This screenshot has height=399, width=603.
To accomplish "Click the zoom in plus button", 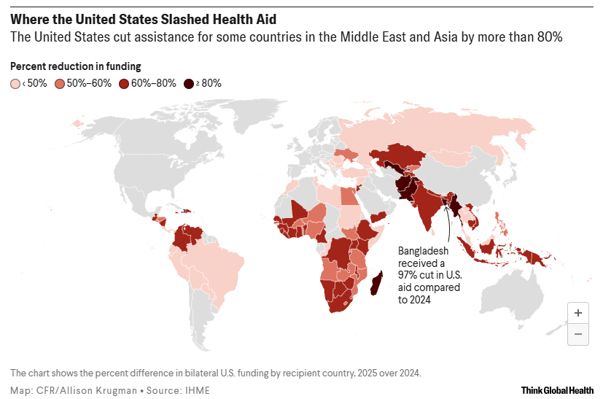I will [x=577, y=313].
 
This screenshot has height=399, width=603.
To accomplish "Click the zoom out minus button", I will [x=577, y=333].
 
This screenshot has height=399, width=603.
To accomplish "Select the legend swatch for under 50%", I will [x=15, y=83].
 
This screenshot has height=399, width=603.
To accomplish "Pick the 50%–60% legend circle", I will [x=60, y=83].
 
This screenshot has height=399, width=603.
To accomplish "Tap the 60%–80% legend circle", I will [x=125, y=83].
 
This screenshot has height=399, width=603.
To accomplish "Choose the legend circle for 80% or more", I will [x=189, y=83].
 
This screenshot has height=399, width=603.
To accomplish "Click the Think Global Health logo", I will [x=556, y=390].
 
